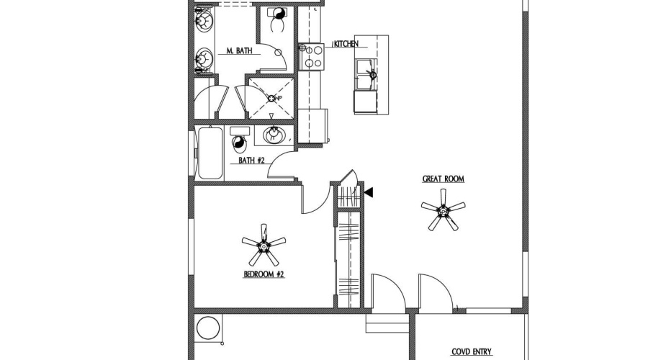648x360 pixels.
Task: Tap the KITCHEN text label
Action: click(346, 45)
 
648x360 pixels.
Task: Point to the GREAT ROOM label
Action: click(443, 179)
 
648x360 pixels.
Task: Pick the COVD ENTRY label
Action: click(472, 352)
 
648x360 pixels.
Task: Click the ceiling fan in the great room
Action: click(443, 210)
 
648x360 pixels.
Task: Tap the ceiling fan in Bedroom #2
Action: click(264, 246)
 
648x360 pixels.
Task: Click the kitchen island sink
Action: click(371, 74)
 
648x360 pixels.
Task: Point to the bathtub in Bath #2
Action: click(210, 153)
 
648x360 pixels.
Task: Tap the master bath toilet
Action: click(275, 19)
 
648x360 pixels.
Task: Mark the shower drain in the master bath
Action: click(269, 99)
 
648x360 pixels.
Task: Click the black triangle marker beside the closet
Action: click(369, 192)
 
